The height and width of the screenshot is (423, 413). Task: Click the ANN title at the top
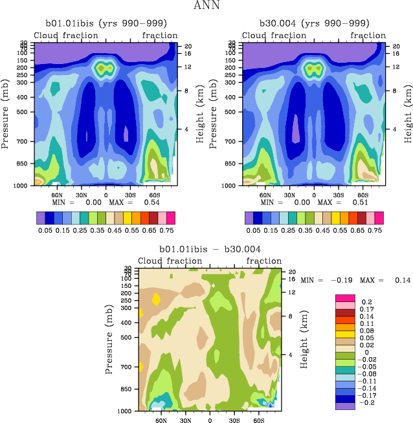(206, 6)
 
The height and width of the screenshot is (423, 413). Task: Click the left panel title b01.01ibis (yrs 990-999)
(106, 24)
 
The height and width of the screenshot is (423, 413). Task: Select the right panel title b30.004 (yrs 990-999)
(313, 24)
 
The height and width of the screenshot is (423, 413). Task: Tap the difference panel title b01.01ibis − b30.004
(209, 249)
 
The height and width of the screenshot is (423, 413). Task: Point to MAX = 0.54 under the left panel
(133, 202)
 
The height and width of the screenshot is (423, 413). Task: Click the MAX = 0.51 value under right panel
(341, 202)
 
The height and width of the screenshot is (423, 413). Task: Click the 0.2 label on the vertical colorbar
(366, 302)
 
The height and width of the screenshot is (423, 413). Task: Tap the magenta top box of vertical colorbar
(344, 298)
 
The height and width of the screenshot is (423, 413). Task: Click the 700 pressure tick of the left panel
(24, 141)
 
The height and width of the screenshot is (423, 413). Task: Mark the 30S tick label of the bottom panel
(234, 420)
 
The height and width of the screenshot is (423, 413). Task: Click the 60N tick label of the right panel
(265, 193)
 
